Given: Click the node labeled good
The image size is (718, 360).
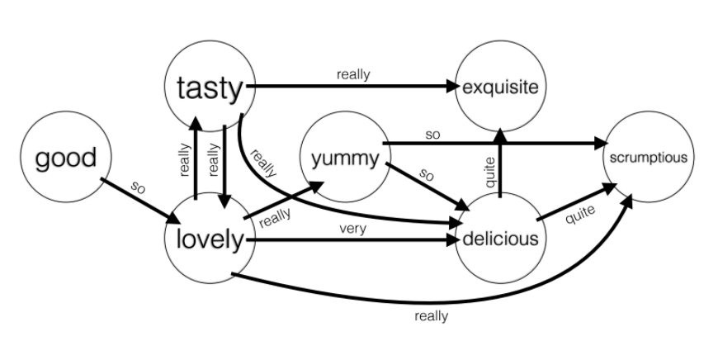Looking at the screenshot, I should click(x=65, y=158).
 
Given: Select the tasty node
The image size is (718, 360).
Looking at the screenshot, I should click(x=210, y=87).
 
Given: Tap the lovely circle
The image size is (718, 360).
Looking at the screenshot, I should click(x=210, y=240).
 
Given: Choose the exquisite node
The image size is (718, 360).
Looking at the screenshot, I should click(x=500, y=87).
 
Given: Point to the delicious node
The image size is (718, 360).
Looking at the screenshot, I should click(x=500, y=239).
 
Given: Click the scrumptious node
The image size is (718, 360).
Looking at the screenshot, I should click(x=647, y=158).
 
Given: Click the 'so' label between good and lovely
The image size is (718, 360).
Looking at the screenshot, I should click(x=139, y=189).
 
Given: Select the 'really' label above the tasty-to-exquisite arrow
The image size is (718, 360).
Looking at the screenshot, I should click(x=353, y=74).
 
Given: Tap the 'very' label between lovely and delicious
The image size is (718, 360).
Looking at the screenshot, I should click(x=353, y=229).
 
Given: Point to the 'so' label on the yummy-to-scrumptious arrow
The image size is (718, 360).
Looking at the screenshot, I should click(x=432, y=133).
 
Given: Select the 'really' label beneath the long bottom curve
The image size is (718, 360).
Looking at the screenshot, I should click(x=431, y=315).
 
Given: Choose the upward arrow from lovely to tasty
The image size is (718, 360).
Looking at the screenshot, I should click(x=196, y=161).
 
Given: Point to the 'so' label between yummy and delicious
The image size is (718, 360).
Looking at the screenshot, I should click(x=427, y=175).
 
